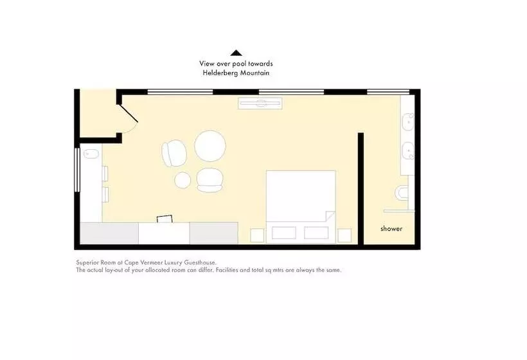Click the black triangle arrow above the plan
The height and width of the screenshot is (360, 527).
[x=237, y=53]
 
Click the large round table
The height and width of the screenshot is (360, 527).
[x=210, y=146]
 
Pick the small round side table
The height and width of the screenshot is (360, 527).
[x=183, y=180]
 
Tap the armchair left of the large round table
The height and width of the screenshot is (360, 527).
[x=174, y=153]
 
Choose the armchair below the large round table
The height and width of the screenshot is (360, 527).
[x=210, y=180]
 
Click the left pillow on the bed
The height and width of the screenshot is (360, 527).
[x=284, y=233]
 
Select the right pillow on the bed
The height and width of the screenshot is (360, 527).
[x=316, y=233]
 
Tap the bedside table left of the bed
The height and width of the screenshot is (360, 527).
[x=258, y=235]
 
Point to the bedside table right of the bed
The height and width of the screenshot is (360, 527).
[x=344, y=235]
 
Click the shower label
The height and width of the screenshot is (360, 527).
[x=391, y=229]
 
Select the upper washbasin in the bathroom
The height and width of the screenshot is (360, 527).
[x=408, y=122]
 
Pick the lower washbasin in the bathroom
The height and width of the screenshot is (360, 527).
[x=408, y=151]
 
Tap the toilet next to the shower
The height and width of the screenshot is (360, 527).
[x=402, y=193]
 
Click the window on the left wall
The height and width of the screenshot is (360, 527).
[x=77, y=170]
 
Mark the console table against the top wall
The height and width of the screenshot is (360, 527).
[x=260, y=103]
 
